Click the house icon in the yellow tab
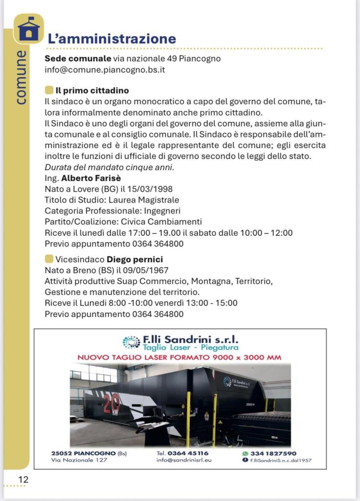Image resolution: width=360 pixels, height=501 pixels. click(x=28, y=29)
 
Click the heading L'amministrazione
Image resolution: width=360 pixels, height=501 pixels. click(x=112, y=39)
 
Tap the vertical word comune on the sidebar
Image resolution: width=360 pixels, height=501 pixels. click(x=21, y=77)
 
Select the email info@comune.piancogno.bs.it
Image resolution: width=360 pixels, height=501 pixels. click(x=105, y=69)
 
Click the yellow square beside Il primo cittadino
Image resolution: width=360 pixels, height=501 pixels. click(x=48, y=91)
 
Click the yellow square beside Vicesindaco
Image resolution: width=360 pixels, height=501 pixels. click(x=48, y=259)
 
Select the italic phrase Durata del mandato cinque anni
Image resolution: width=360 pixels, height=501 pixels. click(x=109, y=167)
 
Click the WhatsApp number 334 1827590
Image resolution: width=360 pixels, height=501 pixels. click(x=273, y=453)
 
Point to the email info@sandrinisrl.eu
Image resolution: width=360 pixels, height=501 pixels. click(x=184, y=460)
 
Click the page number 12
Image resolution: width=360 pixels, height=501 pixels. click(x=23, y=480)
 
